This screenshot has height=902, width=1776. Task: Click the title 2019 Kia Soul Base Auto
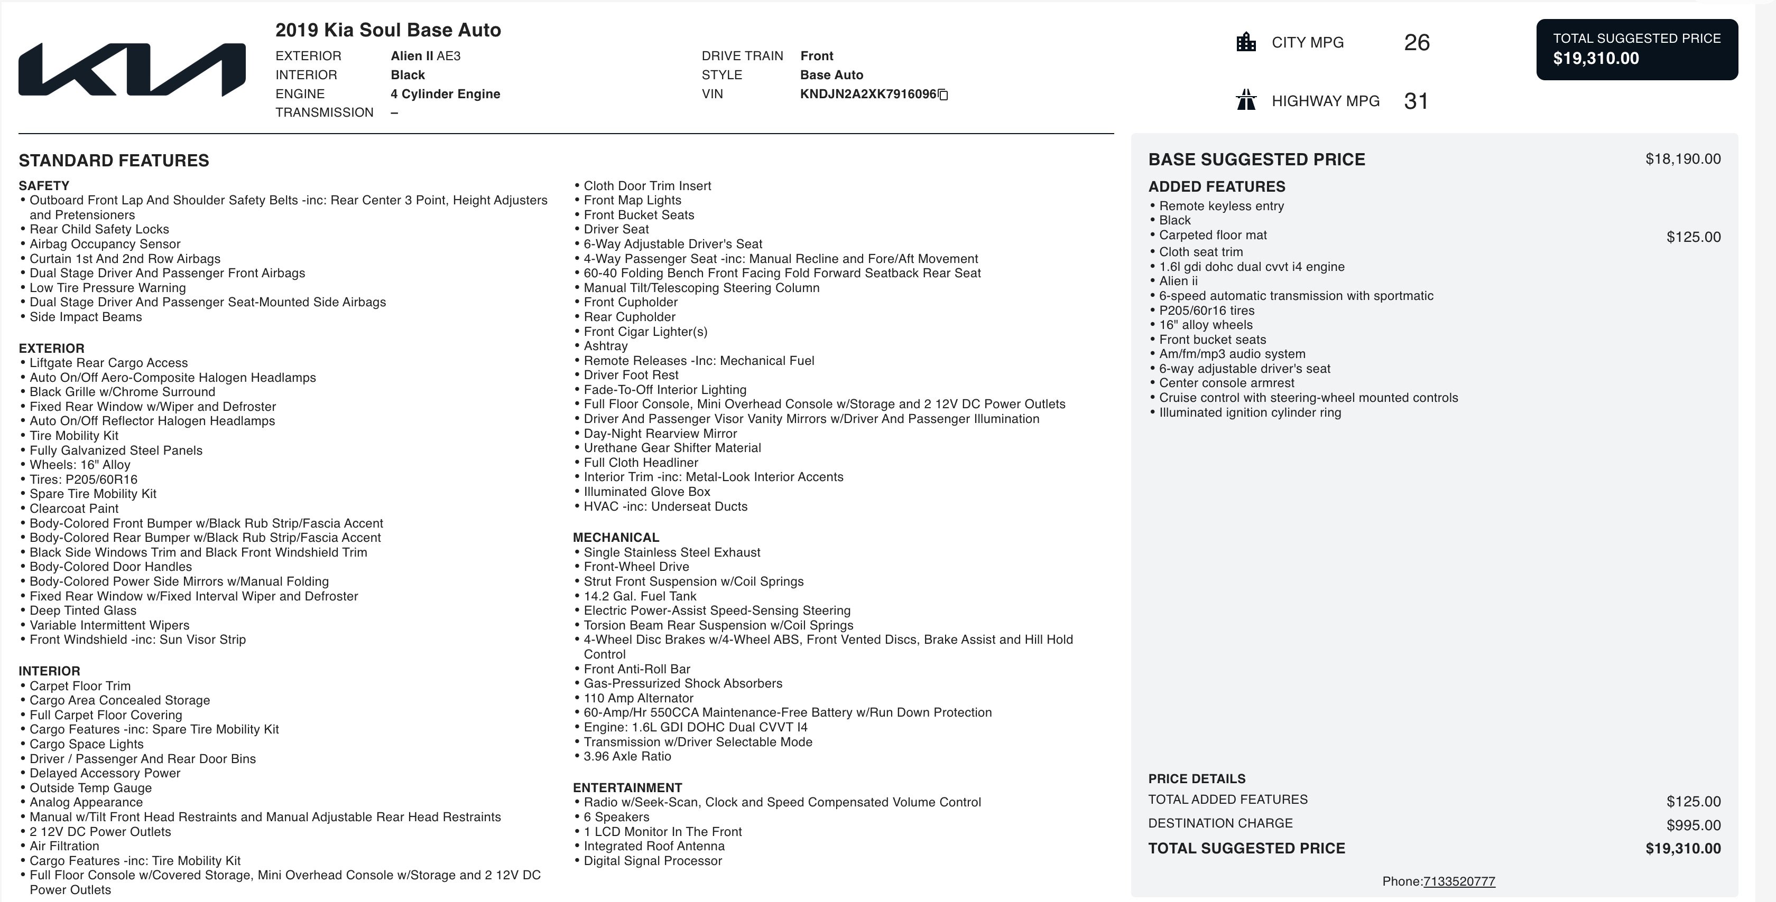coord(388,30)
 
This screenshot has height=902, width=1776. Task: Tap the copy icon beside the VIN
coord(943,95)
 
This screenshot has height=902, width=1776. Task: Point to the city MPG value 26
coord(1417,43)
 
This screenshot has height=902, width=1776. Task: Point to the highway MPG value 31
coord(1416,101)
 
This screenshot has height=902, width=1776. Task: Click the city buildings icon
coord(1246,42)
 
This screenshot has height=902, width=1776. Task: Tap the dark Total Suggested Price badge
coord(1637,50)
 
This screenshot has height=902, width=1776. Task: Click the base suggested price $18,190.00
coord(1682,159)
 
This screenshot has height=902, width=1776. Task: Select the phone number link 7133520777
coord(1459,881)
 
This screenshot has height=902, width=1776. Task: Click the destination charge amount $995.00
coord(1693,825)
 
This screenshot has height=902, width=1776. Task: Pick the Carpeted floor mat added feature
coord(1213,235)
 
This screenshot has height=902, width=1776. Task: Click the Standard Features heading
coord(114,161)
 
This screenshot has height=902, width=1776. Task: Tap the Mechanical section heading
coord(616,538)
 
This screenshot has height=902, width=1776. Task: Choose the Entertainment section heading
coord(627,787)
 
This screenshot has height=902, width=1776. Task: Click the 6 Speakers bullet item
coord(616,816)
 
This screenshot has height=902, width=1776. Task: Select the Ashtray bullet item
coord(605,346)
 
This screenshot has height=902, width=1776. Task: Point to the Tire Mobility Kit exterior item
coord(74,436)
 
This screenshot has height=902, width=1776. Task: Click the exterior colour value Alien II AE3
coord(425,56)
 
